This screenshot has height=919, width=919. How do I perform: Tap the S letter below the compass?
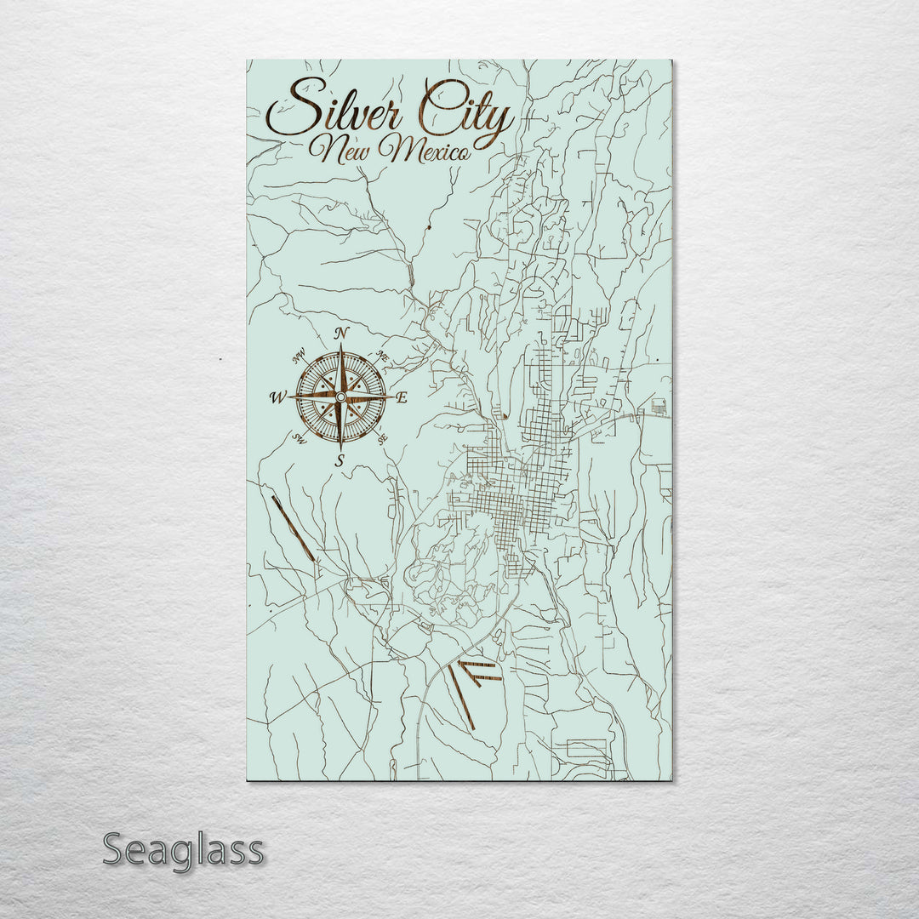coord(340,461)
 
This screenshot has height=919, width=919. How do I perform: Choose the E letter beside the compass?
coord(402,397)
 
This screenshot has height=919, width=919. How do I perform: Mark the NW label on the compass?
coord(300,357)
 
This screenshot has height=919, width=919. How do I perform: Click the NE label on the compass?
coord(382,356)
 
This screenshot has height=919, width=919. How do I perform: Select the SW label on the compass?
coord(300,438)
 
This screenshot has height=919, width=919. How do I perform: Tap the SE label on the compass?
coord(382,438)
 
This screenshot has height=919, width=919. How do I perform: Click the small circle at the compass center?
coord(340,397)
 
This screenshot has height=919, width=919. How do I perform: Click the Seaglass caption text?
coord(183,850)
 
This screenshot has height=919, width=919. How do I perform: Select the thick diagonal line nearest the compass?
coord(293,528)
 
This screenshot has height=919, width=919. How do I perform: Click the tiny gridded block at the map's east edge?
coord(659,406)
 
